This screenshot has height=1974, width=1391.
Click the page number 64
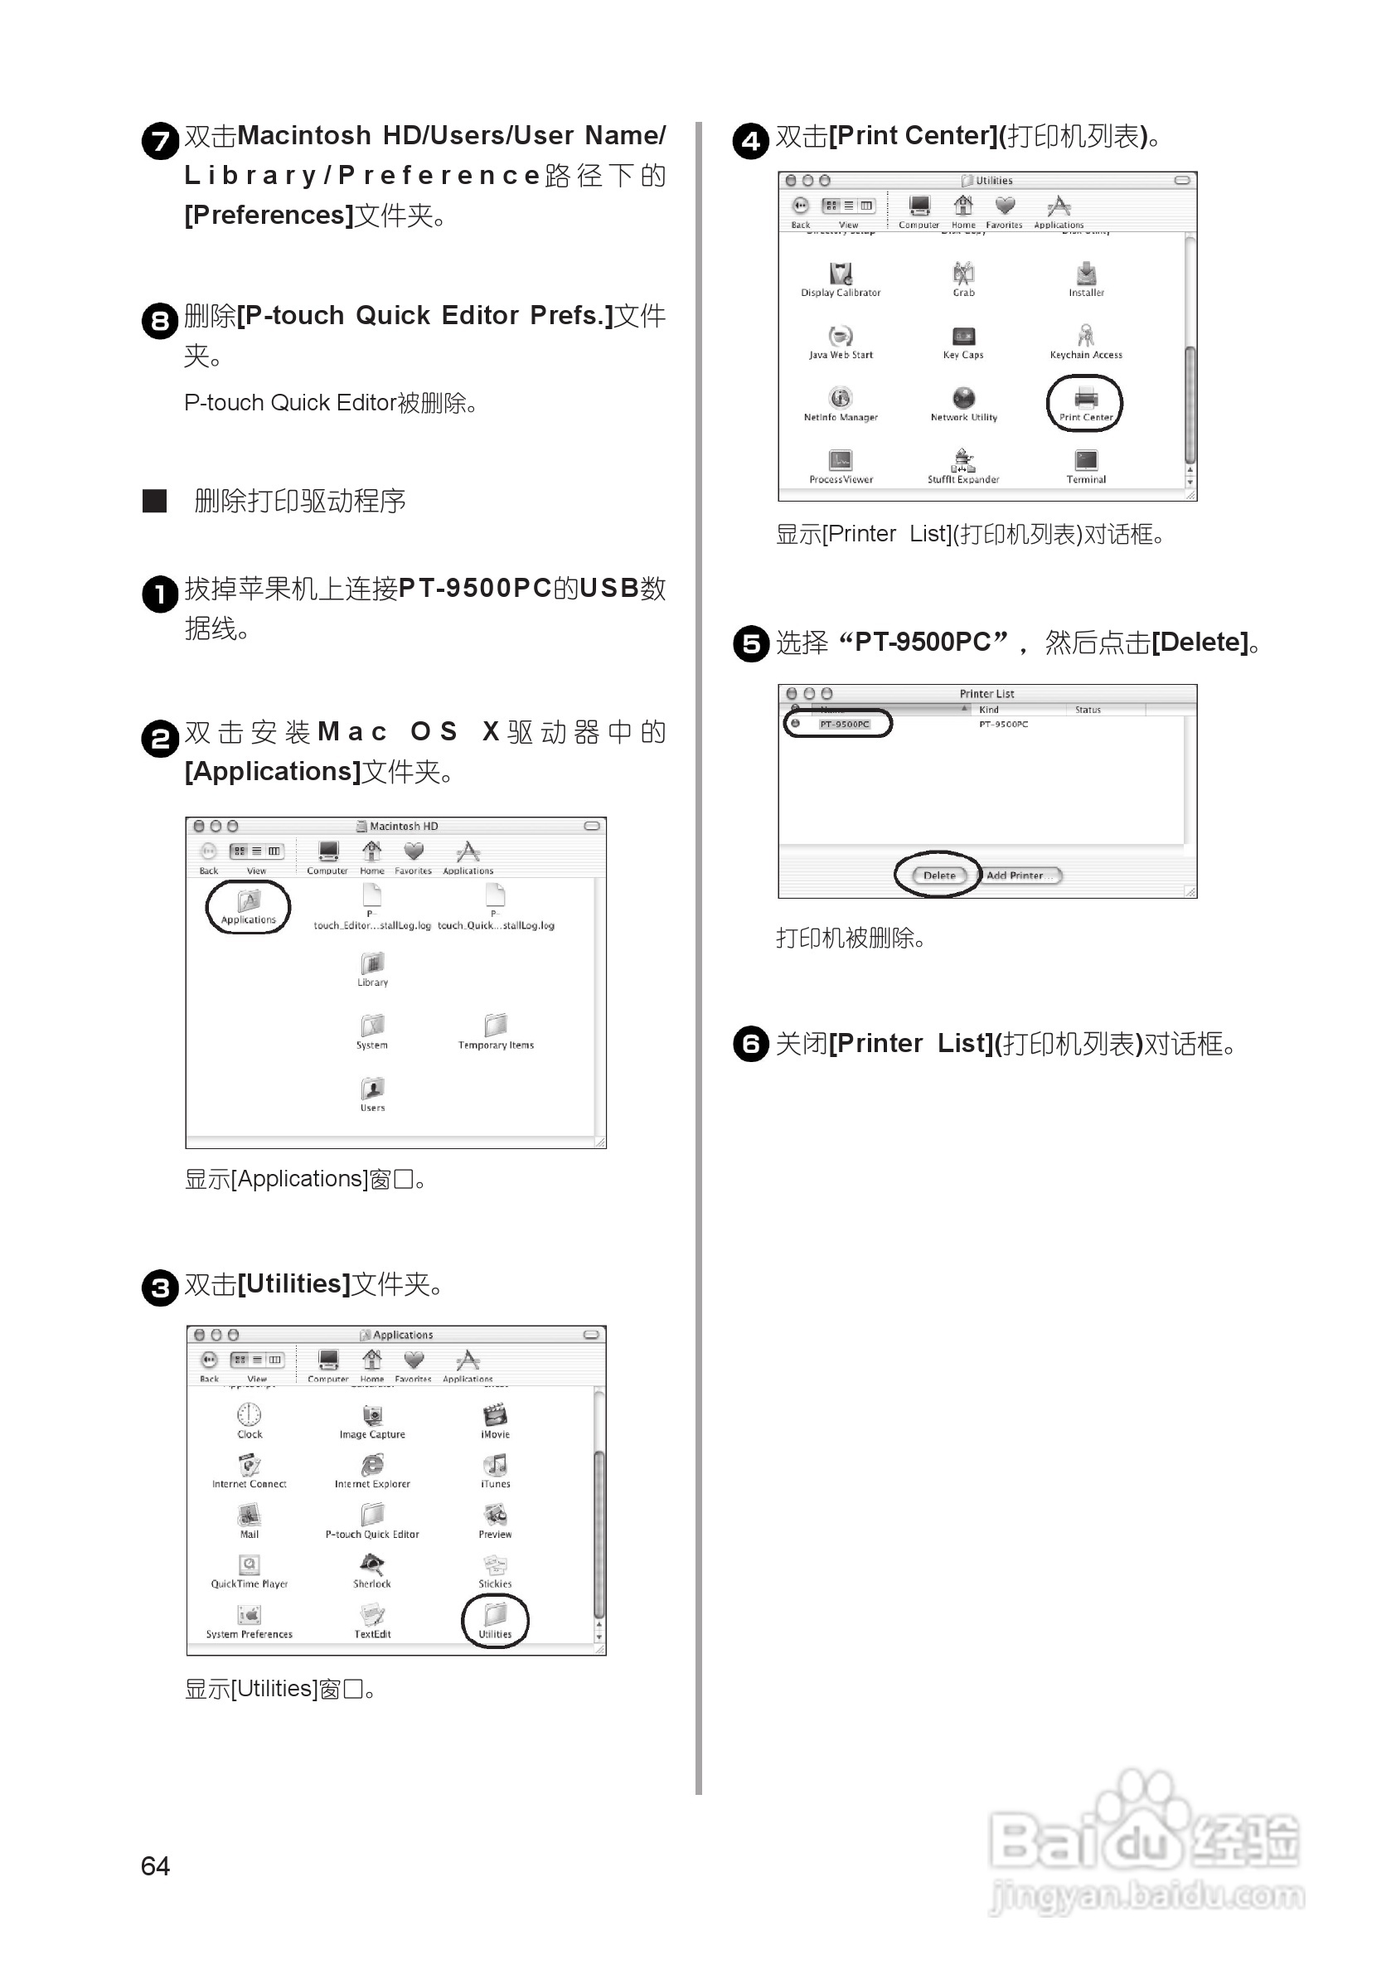156,1866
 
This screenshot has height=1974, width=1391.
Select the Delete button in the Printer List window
938,875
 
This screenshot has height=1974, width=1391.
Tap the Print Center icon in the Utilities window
1086,399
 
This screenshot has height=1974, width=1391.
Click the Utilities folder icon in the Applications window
495,1613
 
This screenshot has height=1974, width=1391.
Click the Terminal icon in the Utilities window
1086,461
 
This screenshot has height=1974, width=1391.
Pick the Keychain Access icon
1086,336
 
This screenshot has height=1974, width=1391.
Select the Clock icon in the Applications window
250,1415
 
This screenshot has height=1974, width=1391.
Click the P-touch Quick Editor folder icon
372,1515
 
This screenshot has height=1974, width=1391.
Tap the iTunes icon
495,1465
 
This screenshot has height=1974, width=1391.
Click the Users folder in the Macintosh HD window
372,1089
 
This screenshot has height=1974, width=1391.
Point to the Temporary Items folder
496,1026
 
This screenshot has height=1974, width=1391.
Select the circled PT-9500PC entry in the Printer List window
844,724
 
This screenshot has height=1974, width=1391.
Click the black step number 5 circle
750,643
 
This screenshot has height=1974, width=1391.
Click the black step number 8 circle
160,321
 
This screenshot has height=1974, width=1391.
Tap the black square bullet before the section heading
155,501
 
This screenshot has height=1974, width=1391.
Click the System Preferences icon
250,1616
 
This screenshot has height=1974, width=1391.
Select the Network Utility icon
964,398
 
